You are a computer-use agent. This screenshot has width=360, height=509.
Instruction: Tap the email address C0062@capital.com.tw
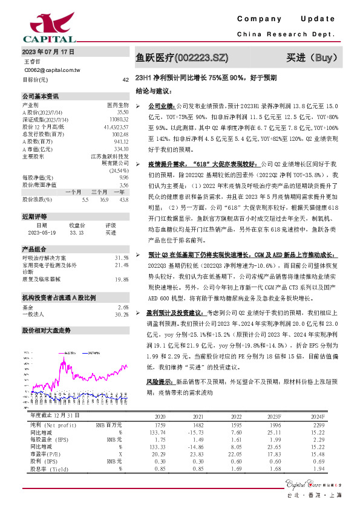point(51,70)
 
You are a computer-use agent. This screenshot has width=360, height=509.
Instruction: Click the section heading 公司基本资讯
point(41,96)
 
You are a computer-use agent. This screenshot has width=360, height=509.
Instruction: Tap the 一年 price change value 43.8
point(123,199)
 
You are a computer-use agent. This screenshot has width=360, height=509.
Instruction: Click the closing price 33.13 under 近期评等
point(76,232)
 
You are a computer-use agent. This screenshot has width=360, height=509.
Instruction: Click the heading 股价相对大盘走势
point(47,331)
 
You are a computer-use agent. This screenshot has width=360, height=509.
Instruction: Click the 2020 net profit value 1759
point(160,426)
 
